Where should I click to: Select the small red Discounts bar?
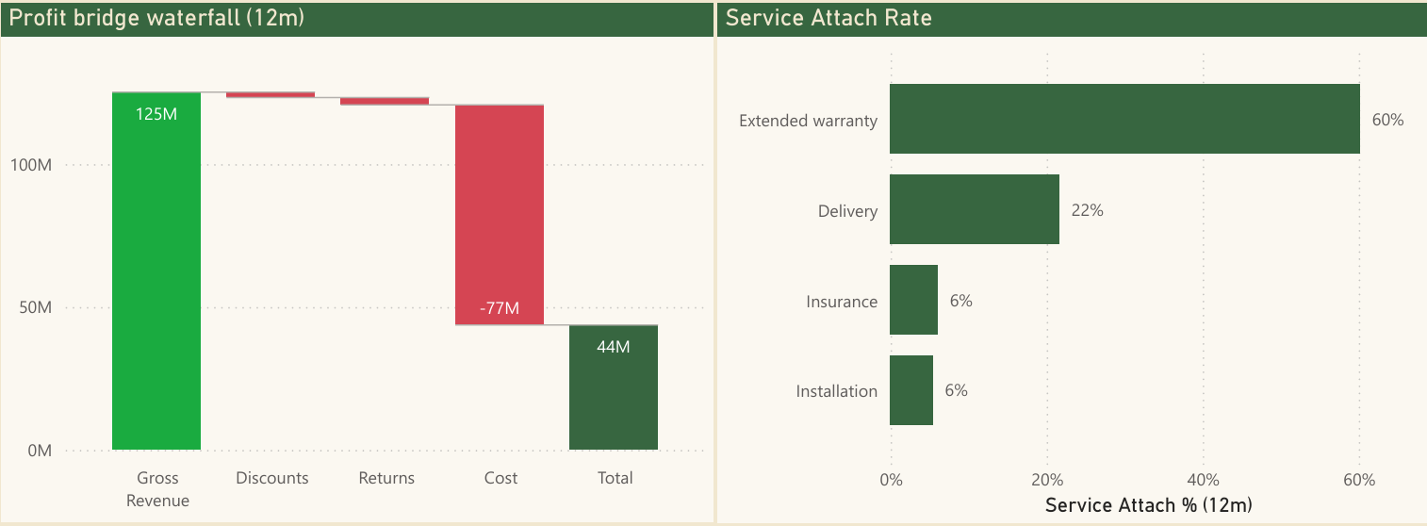(271, 94)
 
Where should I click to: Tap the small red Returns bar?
(385, 101)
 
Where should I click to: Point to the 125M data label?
(156, 114)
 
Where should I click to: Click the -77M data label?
(500, 308)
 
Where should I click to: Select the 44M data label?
(614, 347)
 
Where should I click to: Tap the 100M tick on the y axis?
(31, 165)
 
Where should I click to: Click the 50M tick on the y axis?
(35, 308)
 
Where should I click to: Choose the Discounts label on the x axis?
(272, 478)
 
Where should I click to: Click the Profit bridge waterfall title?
(156, 18)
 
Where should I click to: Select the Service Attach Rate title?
(828, 18)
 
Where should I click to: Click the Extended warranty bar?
(1124, 119)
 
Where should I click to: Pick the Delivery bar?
(975, 209)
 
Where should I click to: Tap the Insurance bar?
(913, 300)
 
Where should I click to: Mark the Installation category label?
(837, 391)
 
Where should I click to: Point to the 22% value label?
(1087, 210)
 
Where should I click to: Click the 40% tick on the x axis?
(1203, 481)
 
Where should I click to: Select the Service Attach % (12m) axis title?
(1148, 505)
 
